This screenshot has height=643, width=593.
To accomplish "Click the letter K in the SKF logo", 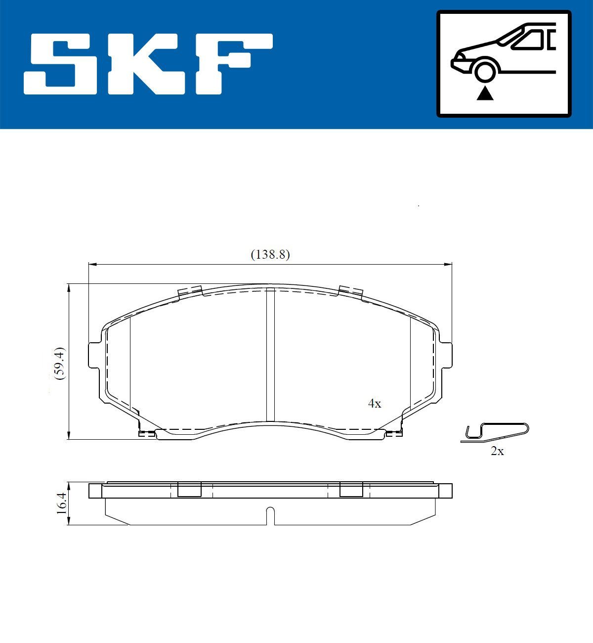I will pos(143,64).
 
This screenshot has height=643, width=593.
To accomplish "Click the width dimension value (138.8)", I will pos(270,255).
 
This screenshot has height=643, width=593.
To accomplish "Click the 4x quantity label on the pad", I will pos(375,404).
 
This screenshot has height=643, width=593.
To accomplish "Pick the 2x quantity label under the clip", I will pos(497,451).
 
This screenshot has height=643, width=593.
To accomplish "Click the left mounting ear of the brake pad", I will pos(94,355).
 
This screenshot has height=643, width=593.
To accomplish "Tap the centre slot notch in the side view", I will pos(270,514).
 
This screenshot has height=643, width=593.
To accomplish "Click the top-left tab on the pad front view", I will pos(190,291).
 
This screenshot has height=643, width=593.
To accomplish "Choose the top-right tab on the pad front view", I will pos(351,291).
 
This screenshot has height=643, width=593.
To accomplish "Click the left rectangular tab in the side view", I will pos(189,490).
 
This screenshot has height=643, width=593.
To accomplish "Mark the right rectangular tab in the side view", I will pos(351,490).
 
